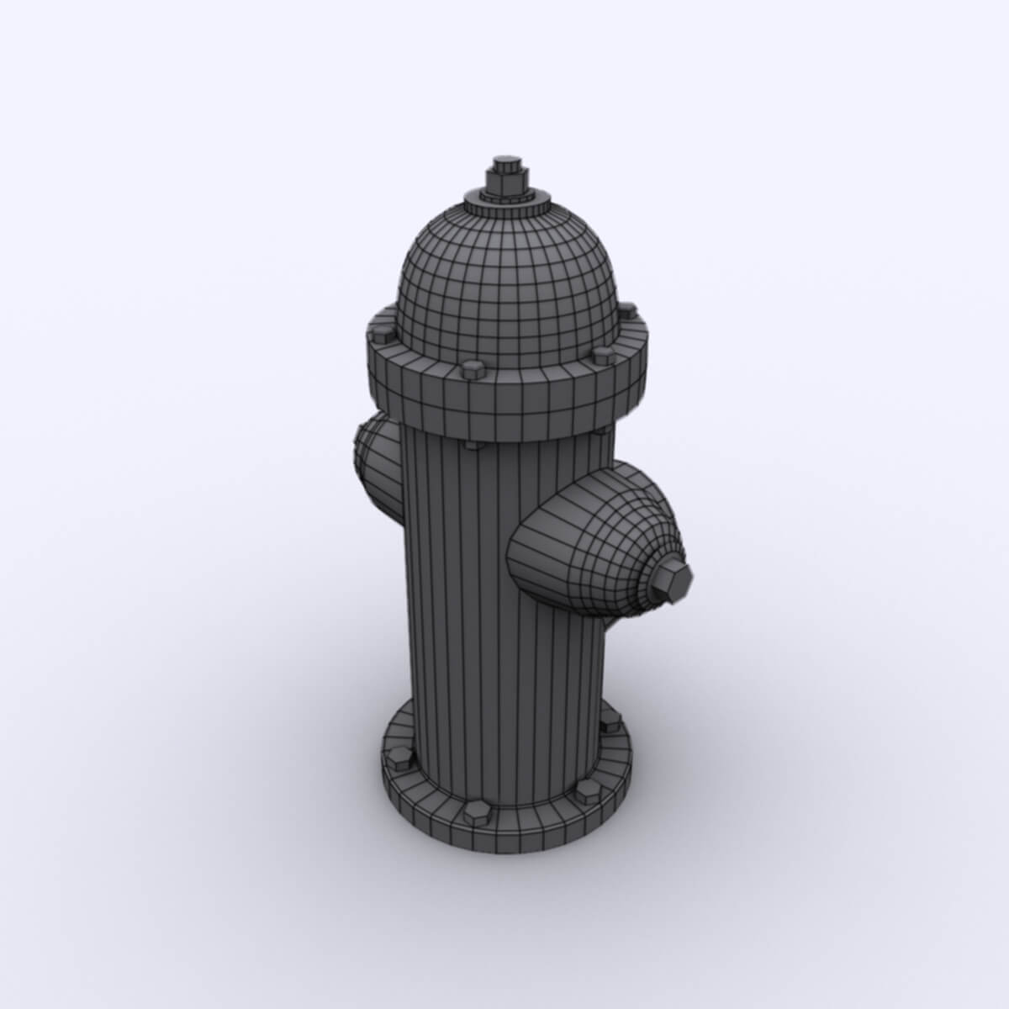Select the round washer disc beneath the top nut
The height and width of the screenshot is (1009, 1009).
tap(505, 202)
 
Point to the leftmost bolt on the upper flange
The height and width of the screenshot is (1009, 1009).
tap(383, 333)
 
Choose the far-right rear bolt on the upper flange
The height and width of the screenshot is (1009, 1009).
tap(627, 312)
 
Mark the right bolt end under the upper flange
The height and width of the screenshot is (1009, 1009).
tap(602, 431)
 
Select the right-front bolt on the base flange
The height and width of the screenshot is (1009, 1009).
tap(584, 790)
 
